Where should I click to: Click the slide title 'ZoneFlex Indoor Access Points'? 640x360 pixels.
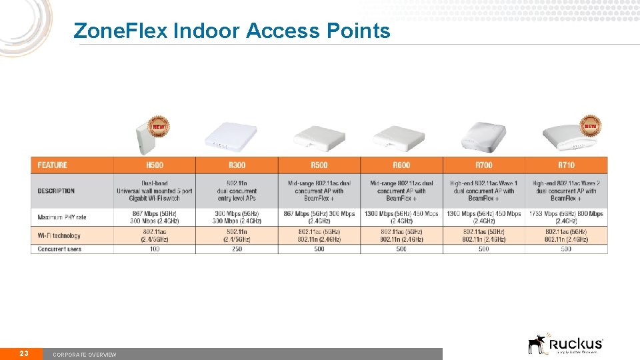[231, 31]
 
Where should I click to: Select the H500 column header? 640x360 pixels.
[155, 165]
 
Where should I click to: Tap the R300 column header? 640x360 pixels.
[237, 165]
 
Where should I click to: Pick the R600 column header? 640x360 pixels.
[401, 165]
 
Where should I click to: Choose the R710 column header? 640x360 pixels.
[566, 165]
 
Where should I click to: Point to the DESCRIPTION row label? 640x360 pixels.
[56, 191]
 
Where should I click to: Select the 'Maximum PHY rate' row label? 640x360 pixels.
[62, 217]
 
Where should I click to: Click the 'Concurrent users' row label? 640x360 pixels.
[59, 249]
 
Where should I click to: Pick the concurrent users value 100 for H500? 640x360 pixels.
[155, 249]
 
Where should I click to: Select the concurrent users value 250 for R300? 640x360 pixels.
[237, 249]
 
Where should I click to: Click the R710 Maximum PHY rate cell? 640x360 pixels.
[566, 217]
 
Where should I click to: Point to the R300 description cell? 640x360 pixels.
[237, 191]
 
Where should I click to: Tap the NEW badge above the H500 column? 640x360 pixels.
[159, 125]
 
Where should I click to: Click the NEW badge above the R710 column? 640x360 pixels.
[590, 125]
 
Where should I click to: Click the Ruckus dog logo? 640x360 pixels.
[537, 344]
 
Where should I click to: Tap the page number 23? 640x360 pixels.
[23, 353]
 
